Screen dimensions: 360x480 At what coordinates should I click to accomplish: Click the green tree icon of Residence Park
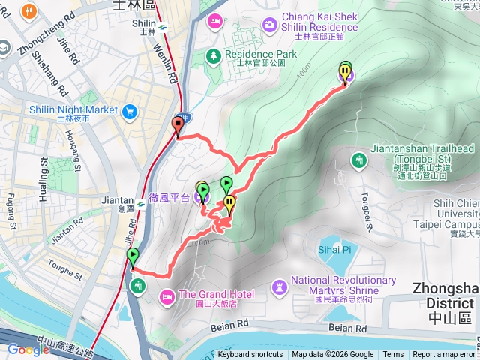[214, 55]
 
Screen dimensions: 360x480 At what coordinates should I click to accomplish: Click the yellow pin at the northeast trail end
[345, 73]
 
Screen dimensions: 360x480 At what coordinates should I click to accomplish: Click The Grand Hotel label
[216, 293]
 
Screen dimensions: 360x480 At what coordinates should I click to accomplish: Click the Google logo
[28, 349]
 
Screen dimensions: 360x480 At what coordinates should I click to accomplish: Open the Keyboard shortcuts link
[250, 355]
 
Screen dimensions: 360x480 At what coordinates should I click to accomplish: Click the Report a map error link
[443, 355]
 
